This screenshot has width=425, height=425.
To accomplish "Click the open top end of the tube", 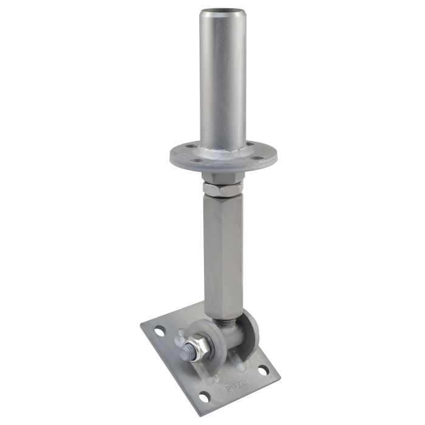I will pos(223,12).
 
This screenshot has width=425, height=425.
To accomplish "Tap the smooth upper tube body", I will pos(223,73).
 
